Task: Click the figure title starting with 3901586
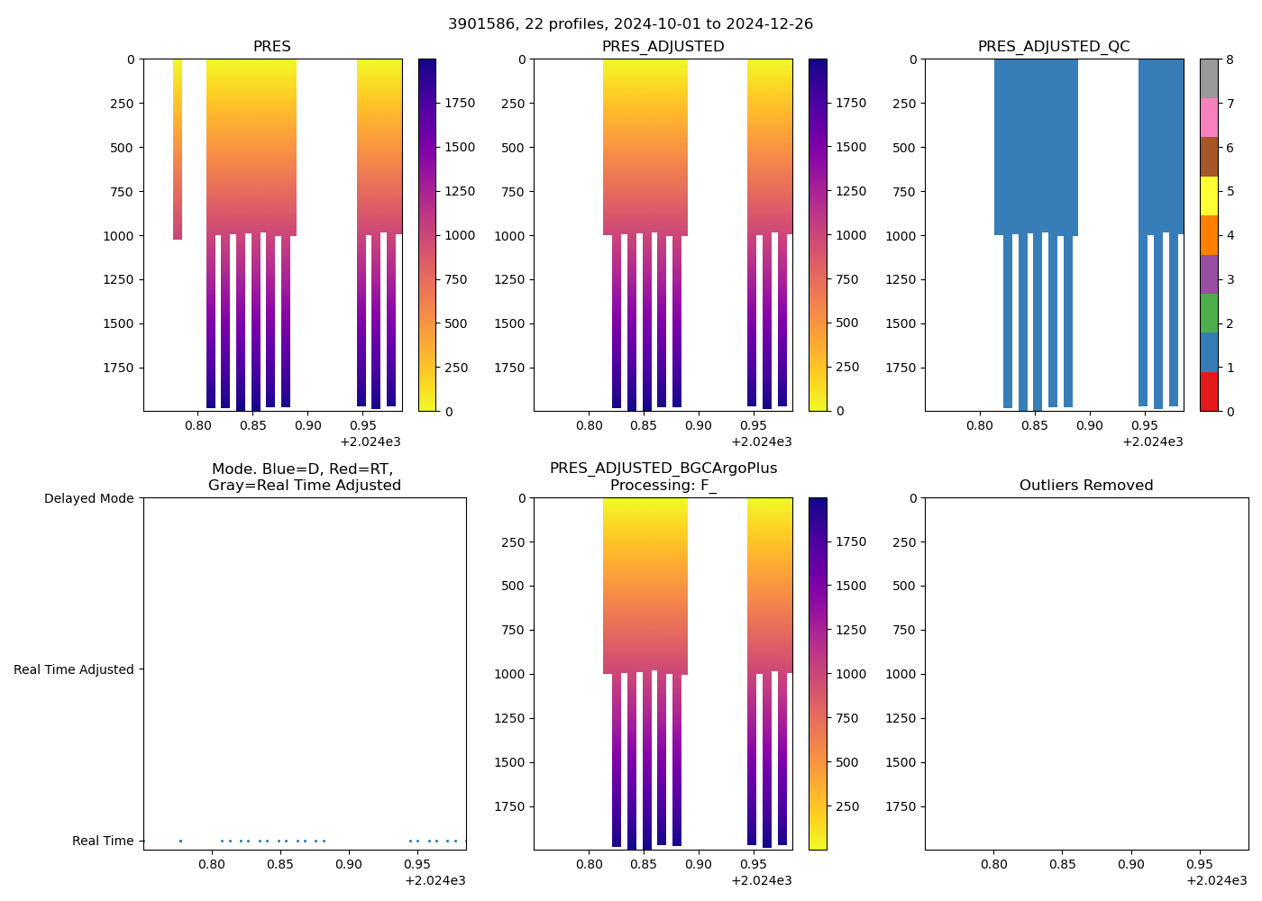tap(630, 23)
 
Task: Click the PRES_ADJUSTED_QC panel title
tap(1054, 46)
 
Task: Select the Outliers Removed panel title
tap(1086, 485)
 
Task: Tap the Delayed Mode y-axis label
tap(88, 498)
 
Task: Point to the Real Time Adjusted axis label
tap(73, 669)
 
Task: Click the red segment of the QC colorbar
tap(1209, 392)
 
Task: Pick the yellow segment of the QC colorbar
tap(1209, 196)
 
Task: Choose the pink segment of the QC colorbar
tap(1209, 117)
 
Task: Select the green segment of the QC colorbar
tap(1209, 313)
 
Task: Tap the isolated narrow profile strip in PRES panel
tap(178, 149)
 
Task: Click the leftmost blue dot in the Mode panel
tap(180, 841)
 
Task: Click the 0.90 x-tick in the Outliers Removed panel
tap(1130, 864)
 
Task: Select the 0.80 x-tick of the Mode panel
tap(212, 864)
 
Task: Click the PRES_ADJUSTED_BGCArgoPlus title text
tap(663, 469)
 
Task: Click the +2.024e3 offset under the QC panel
tap(1152, 441)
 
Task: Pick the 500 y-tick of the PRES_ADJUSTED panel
tap(512, 148)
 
